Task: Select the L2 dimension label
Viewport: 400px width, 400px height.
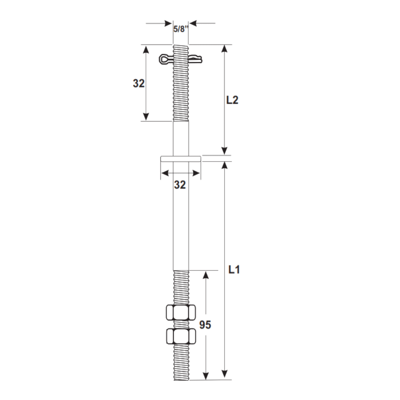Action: click(x=232, y=100)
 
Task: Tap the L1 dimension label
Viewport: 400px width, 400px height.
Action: click(x=234, y=270)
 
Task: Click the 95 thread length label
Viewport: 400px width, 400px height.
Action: click(x=205, y=325)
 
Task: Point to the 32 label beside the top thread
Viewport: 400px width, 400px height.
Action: click(x=139, y=84)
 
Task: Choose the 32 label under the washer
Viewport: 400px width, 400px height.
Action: click(x=180, y=184)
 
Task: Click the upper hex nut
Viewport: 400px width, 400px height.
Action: click(x=181, y=313)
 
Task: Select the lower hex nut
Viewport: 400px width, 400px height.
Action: click(x=181, y=336)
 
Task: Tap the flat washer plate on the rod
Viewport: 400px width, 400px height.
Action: click(x=181, y=159)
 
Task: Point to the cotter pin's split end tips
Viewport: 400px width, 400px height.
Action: click(x=199, y=58)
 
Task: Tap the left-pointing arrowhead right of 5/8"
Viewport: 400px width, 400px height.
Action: click(x=193, y=23)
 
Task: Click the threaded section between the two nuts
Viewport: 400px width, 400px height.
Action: click(x=181, y=324)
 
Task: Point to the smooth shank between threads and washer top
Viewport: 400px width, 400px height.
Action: click(x=181, y=138)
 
